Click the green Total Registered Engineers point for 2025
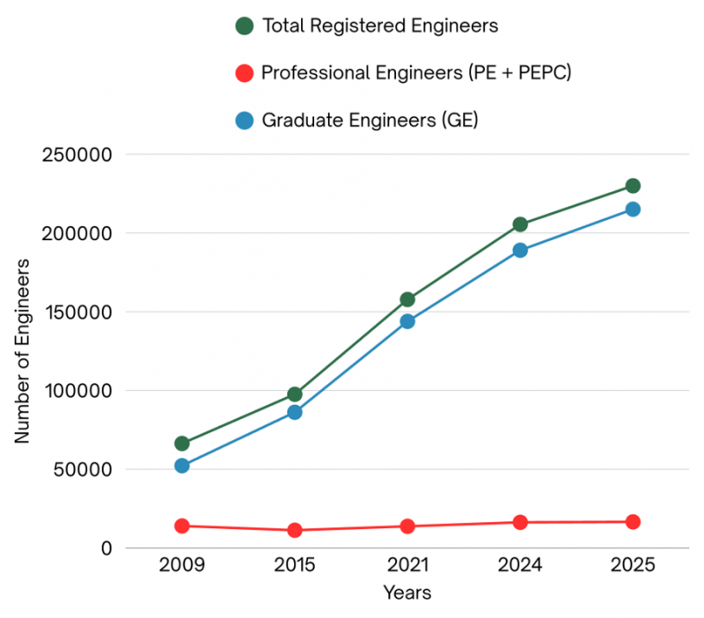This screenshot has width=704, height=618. tap(633, 186)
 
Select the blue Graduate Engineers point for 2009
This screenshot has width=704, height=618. tap(182, 466)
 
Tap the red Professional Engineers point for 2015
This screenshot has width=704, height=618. tap(295, 530)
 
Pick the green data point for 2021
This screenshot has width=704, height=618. tap(407, 299)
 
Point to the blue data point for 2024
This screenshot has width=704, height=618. tap(520, 250)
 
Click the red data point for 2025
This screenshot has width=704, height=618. tap(633, 522)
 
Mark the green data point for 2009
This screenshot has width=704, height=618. tap(182, 444)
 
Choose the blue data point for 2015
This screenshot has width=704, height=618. tap(295, 412)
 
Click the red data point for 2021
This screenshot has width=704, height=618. tap(407, 526)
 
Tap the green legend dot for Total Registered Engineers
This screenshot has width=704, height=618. tap(246, 26)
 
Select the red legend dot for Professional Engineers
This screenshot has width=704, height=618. tap(246, 73)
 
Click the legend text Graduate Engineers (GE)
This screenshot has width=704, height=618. tap(370, 121)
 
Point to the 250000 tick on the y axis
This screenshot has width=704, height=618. tap(77, 155)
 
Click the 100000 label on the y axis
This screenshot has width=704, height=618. tap(77, 391)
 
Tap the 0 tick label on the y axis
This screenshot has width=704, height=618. tap(106, 548)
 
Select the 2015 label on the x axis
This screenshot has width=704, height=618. tap(295, 565)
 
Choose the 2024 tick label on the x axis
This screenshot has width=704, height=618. tap(520, 565)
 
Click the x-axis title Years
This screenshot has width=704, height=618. tap(407, 592)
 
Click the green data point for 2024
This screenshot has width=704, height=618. tap(520, 224)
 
